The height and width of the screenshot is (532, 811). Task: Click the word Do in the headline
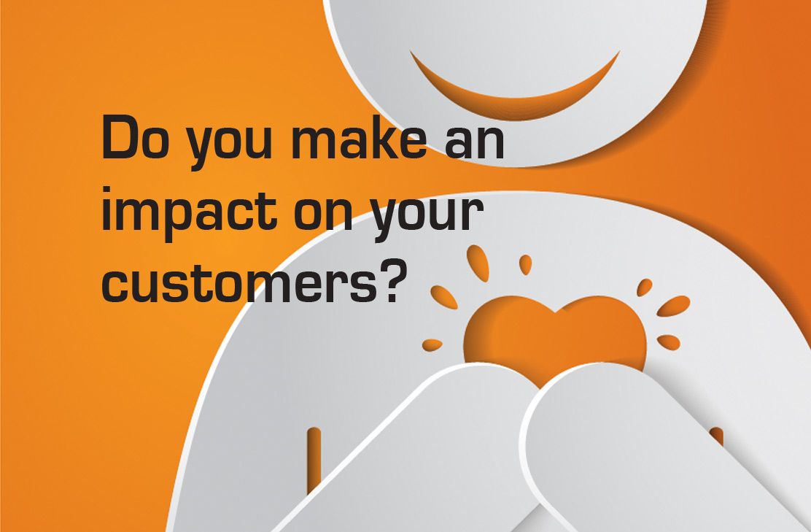[x=136, y=137]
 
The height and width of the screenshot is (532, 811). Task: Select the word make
[x=360, y=137]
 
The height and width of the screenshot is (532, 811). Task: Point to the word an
[x=474, y=142]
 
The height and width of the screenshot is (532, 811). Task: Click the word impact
[x=189, y=213]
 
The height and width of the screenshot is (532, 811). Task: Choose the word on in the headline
[x=323, y=212]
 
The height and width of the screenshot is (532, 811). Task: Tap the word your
[x=427, y=218]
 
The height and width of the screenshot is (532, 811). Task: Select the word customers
[x=240, y=284]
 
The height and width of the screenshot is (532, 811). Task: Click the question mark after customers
[x=394, y=281]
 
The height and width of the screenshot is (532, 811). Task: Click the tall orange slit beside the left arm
[x=314, y=460]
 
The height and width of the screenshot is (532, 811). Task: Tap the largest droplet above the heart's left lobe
[x=478, y=263]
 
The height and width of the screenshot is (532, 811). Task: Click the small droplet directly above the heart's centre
[x=526, y=264]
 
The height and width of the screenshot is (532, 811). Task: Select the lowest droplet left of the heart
[x=432, y=345]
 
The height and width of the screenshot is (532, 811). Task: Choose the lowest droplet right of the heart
[x=668, y=342]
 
